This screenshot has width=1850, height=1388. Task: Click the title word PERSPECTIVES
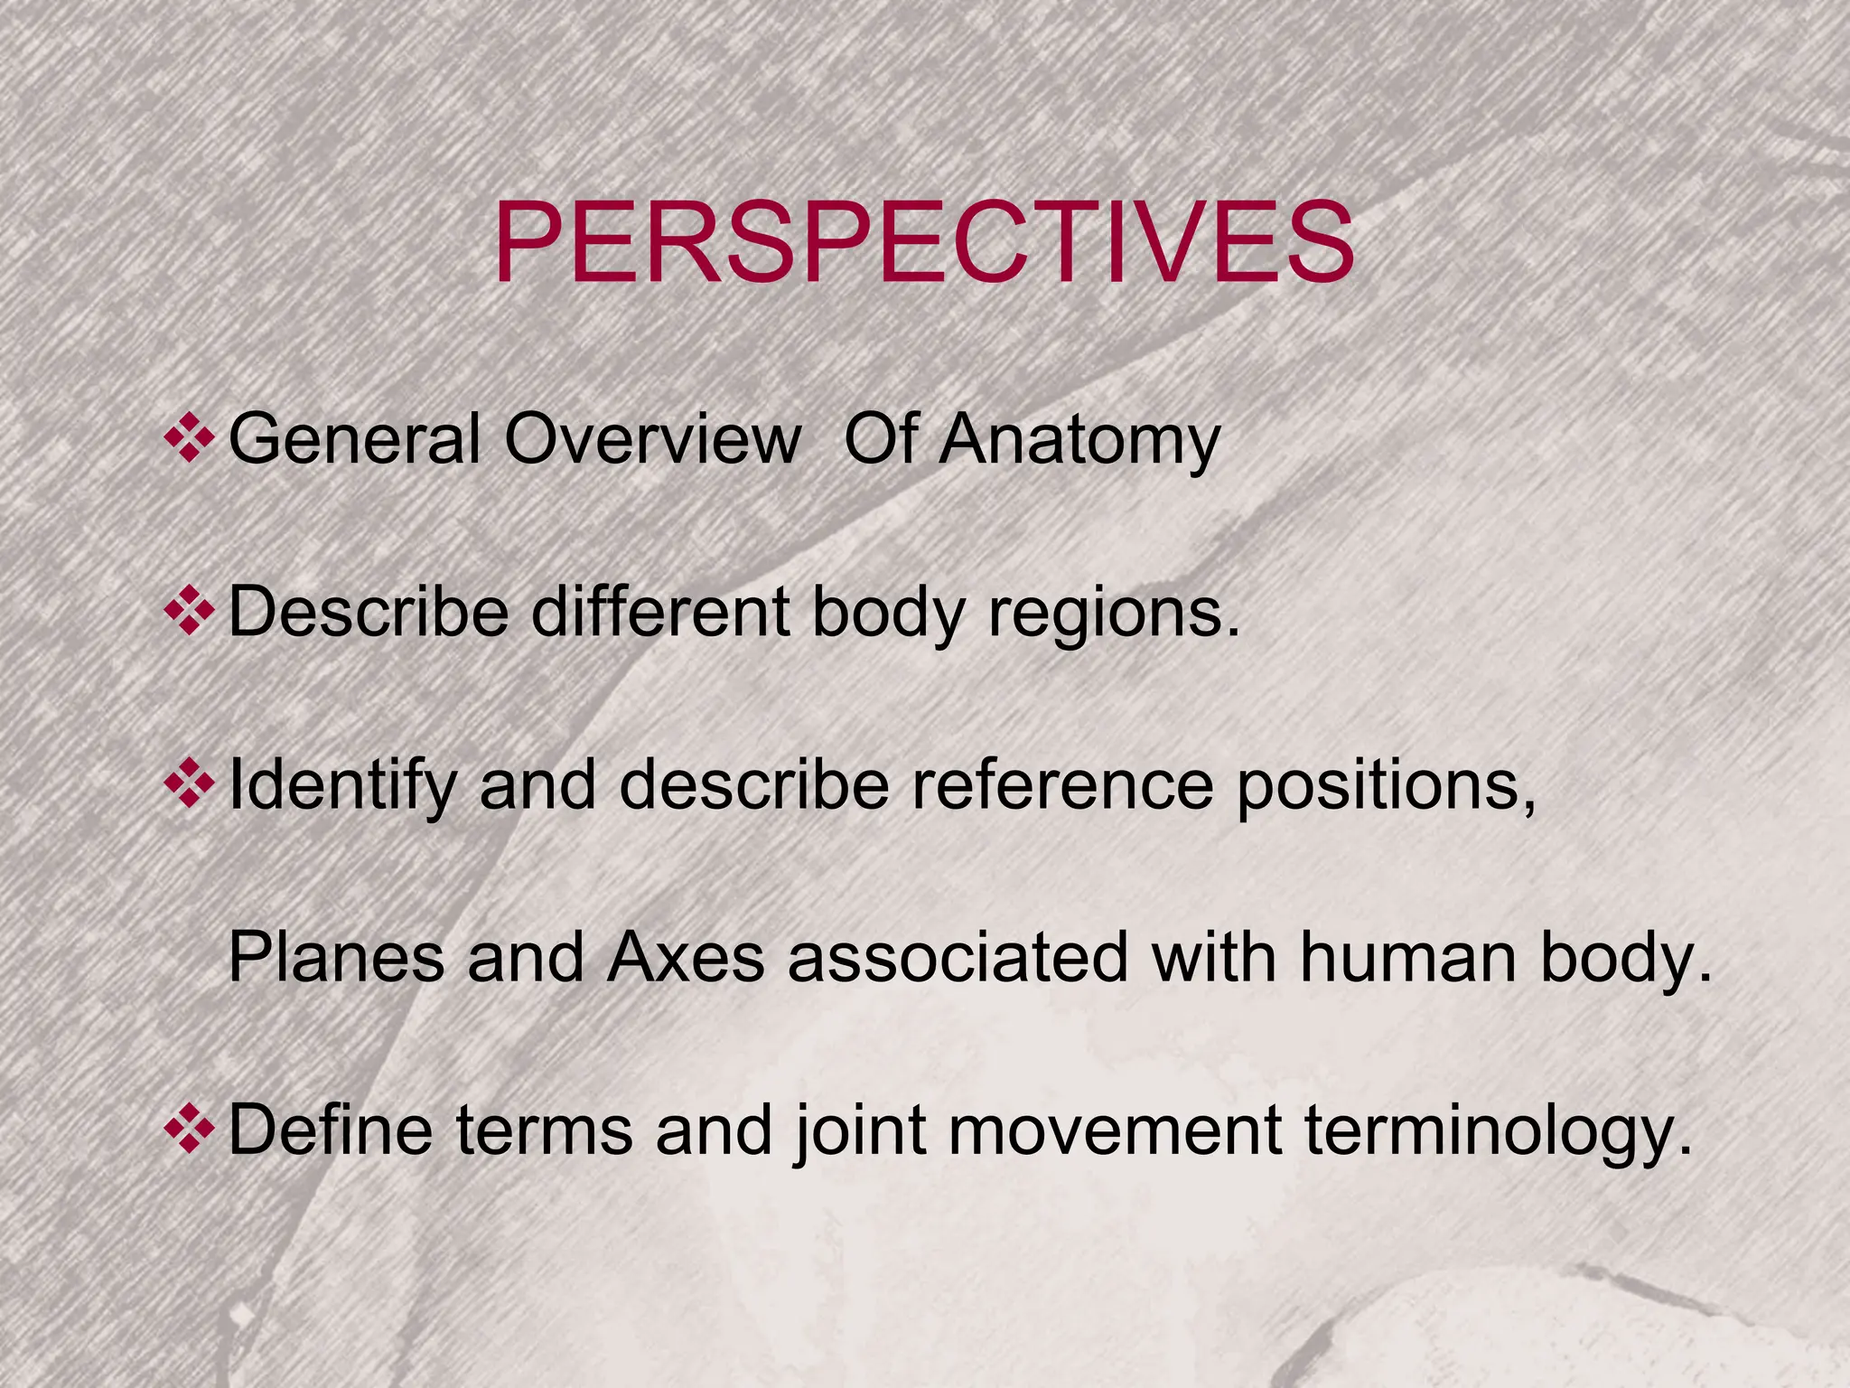tap(923, 242)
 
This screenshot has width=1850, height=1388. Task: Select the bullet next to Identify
tap(189, 783)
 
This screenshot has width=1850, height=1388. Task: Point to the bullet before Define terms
tap(189, 1130)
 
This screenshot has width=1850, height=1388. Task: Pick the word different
tap(662, 612)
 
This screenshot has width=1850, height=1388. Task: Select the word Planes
tap(336, 957)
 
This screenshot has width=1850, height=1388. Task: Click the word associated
tap(958, 957)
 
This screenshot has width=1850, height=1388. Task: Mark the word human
tap(1408, 957)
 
